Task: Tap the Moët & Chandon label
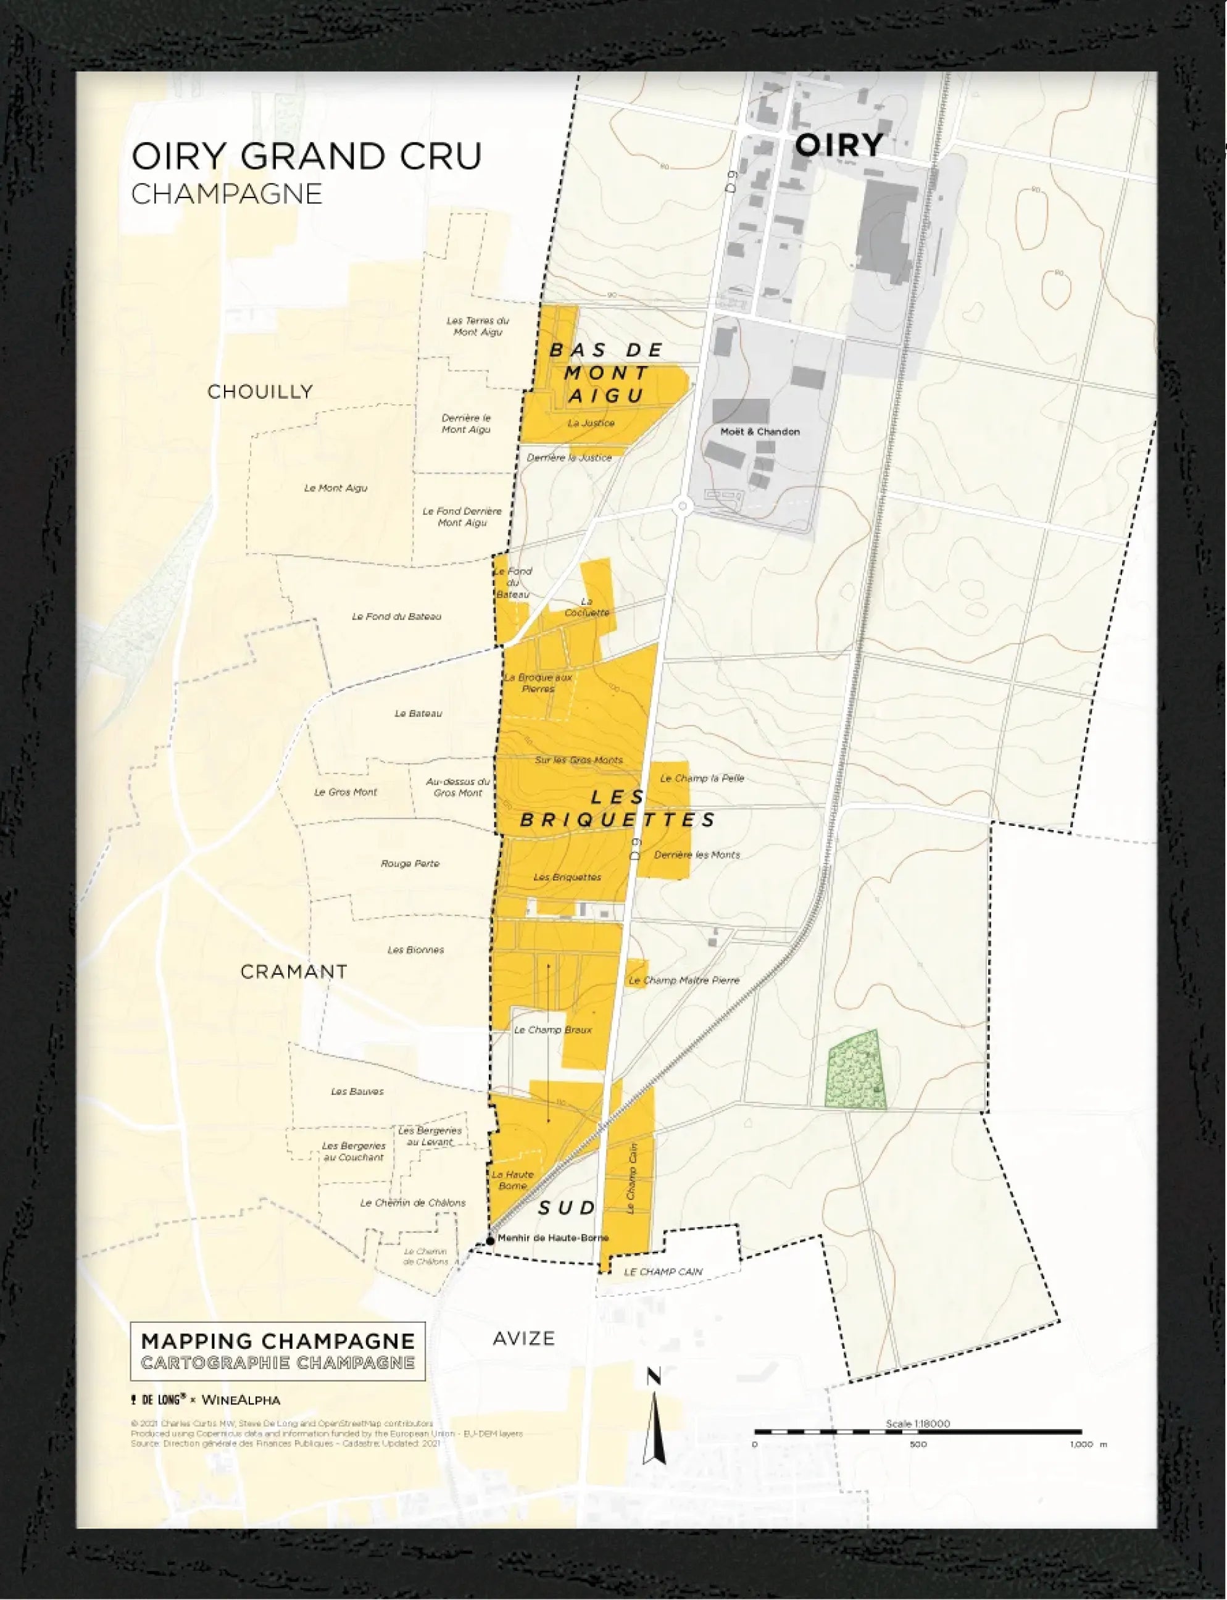760,431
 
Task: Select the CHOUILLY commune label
260,391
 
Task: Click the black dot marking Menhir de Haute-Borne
490,1240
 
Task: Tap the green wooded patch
856,1070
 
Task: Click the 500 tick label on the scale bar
918,1444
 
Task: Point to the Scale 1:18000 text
918,1423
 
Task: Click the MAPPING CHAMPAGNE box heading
278,1341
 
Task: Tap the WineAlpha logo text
240,1400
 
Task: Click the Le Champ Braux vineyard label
553,1030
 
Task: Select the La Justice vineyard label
591,423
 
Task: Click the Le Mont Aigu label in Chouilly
335,488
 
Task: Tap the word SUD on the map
566,1209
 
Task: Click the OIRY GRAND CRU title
307,156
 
